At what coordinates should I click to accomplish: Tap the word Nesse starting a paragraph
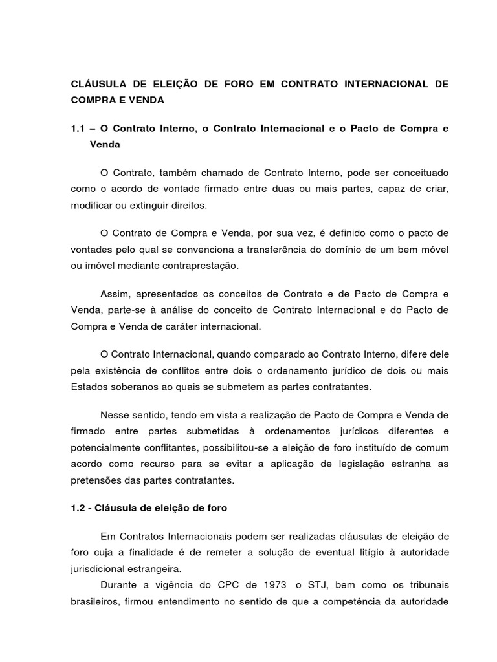click(116, 414)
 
